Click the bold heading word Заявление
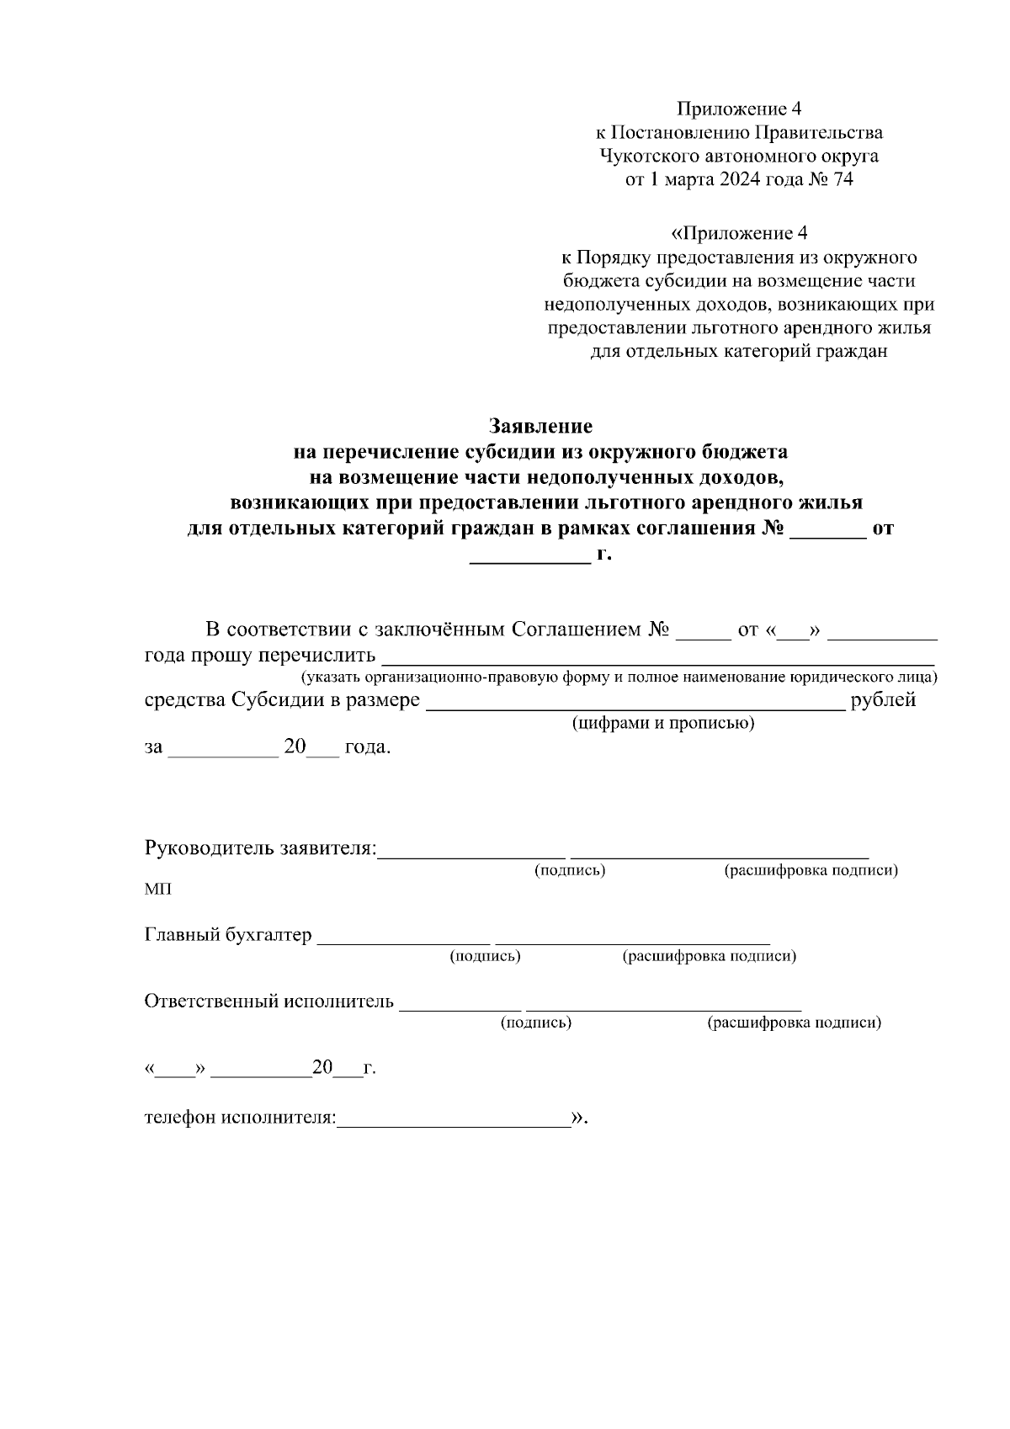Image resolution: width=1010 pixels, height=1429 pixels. [540, 427]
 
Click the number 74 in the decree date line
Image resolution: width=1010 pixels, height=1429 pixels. [843, 179]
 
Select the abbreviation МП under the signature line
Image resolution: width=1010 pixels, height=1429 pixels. [157, 890]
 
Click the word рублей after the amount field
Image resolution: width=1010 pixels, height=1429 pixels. [883, 700]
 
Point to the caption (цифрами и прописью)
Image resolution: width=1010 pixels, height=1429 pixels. [662, 724]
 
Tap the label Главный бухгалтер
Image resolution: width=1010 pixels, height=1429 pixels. [228, 935]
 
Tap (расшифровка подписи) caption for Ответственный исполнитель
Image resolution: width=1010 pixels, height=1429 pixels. [795, 1023]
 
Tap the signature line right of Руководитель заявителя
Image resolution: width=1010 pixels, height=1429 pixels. [472, 856]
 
